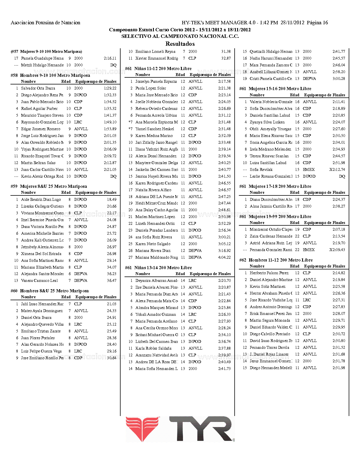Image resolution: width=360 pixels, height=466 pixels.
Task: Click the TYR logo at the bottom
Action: pyautogui.click(x=180, y=429)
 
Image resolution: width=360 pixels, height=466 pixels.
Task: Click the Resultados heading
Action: pyautogui.click(x=180, y=44)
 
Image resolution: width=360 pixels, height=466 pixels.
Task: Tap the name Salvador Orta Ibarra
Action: pyautogui.click(x=38, y=88)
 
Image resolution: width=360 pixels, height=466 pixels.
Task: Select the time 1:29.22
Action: pyautogui.click(x=110, y=88)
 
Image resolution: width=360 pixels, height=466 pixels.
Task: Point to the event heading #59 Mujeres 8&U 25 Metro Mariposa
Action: pyautogui.click(x=49, y=186)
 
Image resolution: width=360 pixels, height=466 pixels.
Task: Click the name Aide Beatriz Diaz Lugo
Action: pyautogui.click(x=41, y=199)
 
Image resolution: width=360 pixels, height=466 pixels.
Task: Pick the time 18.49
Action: pyautogui.click(x=112, y=199)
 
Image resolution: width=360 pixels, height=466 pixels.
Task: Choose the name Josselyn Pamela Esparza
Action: pyautogui.click(x=156, y=81)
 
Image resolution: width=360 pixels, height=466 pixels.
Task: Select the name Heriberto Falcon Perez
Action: pyautogui.click(x=269, y=273)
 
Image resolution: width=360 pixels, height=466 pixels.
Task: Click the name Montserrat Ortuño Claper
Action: pyautogui.click(x=271, y=229)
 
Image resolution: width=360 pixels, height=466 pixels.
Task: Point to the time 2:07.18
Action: pyautogui.click(x=339, y=229)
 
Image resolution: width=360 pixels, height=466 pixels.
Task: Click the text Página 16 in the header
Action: pyautogui.click(x=317, y=23)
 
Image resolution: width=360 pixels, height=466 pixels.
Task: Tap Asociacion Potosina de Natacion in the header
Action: pyautogui.click(x=45, y=23)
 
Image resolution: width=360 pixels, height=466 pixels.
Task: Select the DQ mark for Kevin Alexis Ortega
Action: pyautogui.click(x=113, y=176)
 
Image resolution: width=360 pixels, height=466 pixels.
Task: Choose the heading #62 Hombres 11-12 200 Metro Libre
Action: pyautogui.click(x=276, y=260)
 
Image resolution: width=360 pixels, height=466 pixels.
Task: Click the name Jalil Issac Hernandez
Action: pyautogui.click(x=42, y=304)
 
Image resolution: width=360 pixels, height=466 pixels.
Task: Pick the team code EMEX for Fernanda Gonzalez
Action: pyautogui.click(x=309, y=250)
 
